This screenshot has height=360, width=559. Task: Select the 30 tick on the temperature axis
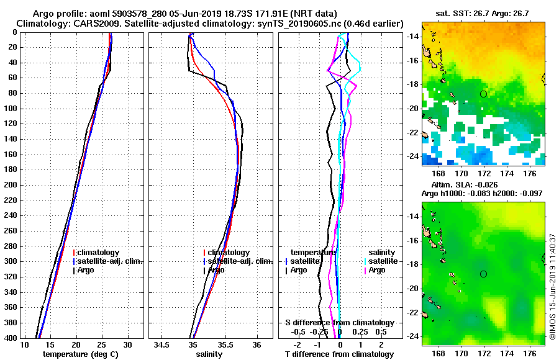(x=127, y=344)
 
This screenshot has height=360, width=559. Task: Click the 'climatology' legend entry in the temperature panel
(x=98, y=253)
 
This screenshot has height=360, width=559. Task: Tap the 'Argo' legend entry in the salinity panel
(x=216, y=270)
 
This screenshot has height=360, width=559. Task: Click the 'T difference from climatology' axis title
(x=339, y=354)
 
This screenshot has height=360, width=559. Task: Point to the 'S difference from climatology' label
(x=339, y=323)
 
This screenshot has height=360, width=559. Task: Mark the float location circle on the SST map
(x=483, y=94)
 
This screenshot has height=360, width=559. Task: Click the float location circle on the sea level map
(x=483, y=274)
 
